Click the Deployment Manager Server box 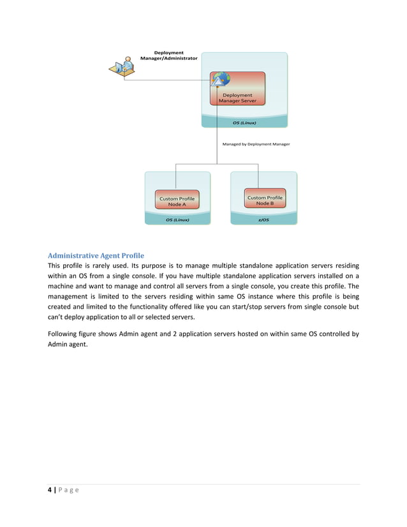click(237, 97)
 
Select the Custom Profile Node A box click(177, 201)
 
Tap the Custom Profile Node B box click(264, 200)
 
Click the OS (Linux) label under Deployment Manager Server click(244, 122)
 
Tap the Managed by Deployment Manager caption click(256, 144)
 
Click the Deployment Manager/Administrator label click(169, 56)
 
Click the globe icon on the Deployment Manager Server click(221, 79)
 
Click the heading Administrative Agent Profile click(96, 255)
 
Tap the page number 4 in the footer click(50, 490)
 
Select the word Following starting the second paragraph click(64, 333)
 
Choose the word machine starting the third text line click(63, 286)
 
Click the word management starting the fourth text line click(71, 297)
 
